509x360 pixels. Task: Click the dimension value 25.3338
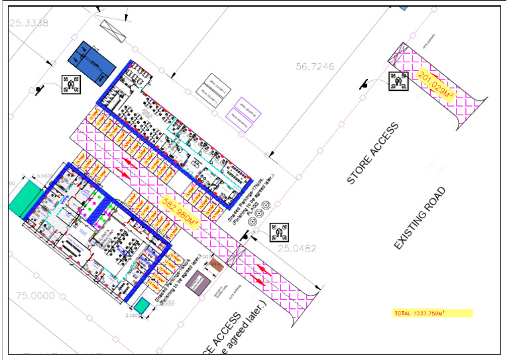28,23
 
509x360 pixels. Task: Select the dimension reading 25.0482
298,249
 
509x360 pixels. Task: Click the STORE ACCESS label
374,153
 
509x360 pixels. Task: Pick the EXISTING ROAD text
419,218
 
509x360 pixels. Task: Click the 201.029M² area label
436,86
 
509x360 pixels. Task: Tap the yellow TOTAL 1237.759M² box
432,313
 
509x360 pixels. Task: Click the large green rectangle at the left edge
25,199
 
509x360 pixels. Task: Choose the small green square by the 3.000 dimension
141,305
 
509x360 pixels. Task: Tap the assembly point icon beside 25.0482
278,231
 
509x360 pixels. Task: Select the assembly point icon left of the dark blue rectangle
70,84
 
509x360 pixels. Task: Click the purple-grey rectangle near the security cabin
196,286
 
